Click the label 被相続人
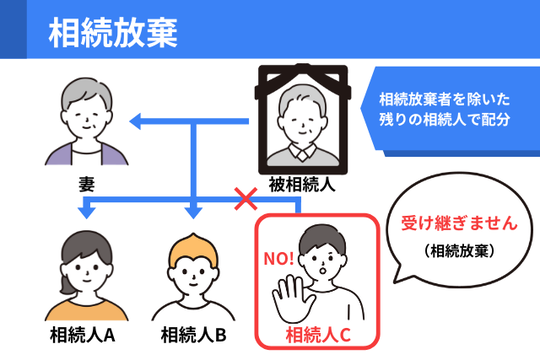[x=300, y=184]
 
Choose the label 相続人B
[x=193, y=333]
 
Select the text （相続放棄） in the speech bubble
[x=454, y=250]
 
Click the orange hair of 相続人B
[x=193, y=248]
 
